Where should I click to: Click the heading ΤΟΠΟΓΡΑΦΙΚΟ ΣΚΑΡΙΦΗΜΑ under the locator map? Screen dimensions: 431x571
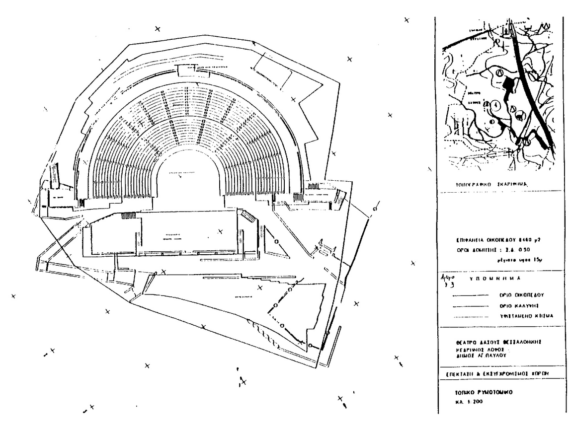coord(487,184)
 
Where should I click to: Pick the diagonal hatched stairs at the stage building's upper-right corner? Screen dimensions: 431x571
coord(247,216)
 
